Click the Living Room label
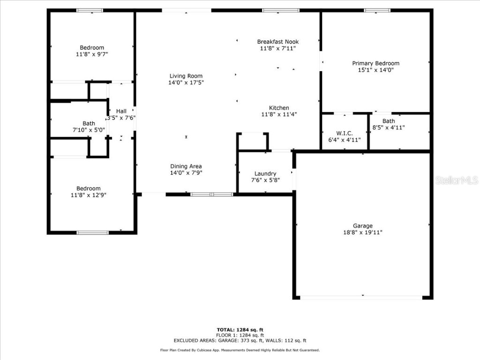[186, 76]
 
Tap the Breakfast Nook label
[277, 42]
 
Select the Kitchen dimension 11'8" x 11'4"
[278, 114]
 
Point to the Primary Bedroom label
[375, 63]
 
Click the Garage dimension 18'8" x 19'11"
[362, 232]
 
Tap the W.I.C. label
[344, 133]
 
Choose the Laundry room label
[265, 173]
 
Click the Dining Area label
[186, 166]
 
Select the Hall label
[121, 111]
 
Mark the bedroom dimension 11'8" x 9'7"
[91, 54]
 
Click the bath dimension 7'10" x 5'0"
[89, 130]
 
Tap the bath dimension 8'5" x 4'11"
[388, 127]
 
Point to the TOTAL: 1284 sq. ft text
[240, 330]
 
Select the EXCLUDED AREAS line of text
[240, 341]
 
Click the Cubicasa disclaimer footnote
[240, 350]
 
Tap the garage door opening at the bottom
[361, 297]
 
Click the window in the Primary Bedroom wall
[377, 10]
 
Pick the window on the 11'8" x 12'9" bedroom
[92, 232]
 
